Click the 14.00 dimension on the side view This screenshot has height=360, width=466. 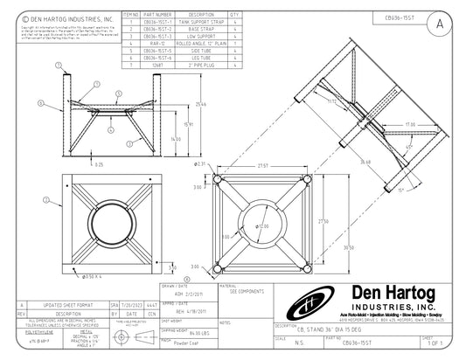pyautogui.click(x=175, y=138)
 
